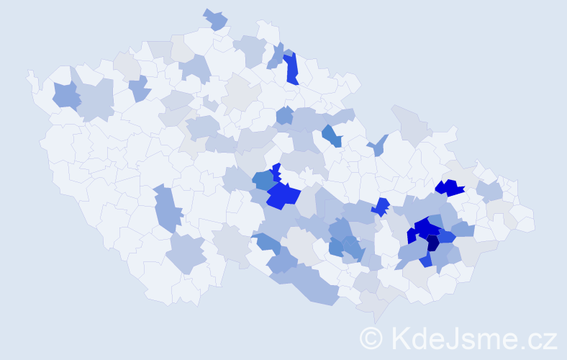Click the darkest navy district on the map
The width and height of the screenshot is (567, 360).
coord(432,243)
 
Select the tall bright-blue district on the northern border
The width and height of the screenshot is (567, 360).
coord(291,68)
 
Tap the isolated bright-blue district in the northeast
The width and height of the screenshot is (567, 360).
coord(450,188)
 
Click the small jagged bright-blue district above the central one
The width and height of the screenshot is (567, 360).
coord(276,171)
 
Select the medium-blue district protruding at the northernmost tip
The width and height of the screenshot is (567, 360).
coord(215,19)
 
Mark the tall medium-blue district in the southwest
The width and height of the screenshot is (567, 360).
coord(168,209)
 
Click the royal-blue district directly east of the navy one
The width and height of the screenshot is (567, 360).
coord(446,236)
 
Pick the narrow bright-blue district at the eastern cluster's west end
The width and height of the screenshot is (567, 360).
coord(411,235)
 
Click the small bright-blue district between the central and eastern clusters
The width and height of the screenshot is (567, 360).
coord(381,207)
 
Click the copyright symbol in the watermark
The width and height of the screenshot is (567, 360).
coord(371,338)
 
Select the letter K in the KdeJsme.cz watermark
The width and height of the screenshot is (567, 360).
coord(401,338)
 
